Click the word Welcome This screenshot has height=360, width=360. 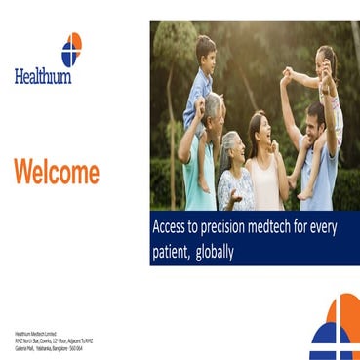coord(57,174)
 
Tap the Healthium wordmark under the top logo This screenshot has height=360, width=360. coord(43,76)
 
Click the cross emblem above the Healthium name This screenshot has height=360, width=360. coord(71,48)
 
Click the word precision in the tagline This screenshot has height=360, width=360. coord(227,226)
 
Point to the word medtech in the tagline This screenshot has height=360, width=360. coord(283,226)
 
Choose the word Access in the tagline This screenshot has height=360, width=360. coord(172,226)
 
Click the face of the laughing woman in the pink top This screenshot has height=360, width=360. coord(261,127)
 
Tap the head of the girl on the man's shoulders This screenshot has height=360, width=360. coord(326,59)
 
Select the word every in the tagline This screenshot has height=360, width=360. coord(336,226)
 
